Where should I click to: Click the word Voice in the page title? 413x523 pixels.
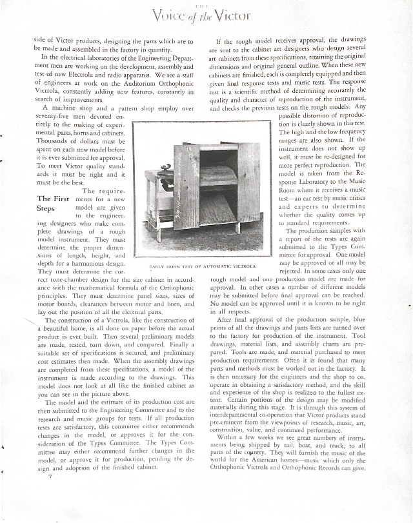click(x=169, y=14)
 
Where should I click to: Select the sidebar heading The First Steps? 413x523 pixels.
click(x=53, y=204)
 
